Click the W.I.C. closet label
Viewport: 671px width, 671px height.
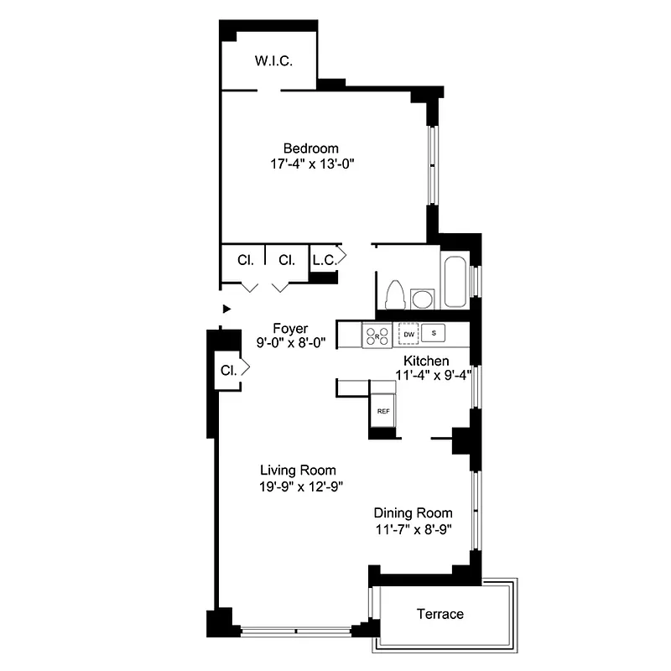click(x=273, y=61)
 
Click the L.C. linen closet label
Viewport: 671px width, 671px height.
click(x=324, y=260)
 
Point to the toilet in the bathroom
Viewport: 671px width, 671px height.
click(x=394, y=294)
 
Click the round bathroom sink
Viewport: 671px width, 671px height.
click(x=422, y=298)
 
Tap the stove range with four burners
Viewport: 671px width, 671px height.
click(x=376, y=335)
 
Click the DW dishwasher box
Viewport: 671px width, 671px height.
click(x=408, y=334)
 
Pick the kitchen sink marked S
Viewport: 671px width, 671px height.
click(x=434, y=333)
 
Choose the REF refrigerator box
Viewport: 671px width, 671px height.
click(x=383, y=411)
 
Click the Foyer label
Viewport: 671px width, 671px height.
click(x=291, y=328)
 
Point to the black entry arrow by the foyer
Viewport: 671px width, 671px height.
click(x=225, y=309)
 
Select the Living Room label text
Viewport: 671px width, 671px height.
click(x=298, y=470)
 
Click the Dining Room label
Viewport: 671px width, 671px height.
click(x=413, y=513)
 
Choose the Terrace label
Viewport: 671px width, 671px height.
click(x=440, y=614)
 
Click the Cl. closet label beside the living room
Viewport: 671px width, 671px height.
click(x=227, y=369)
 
